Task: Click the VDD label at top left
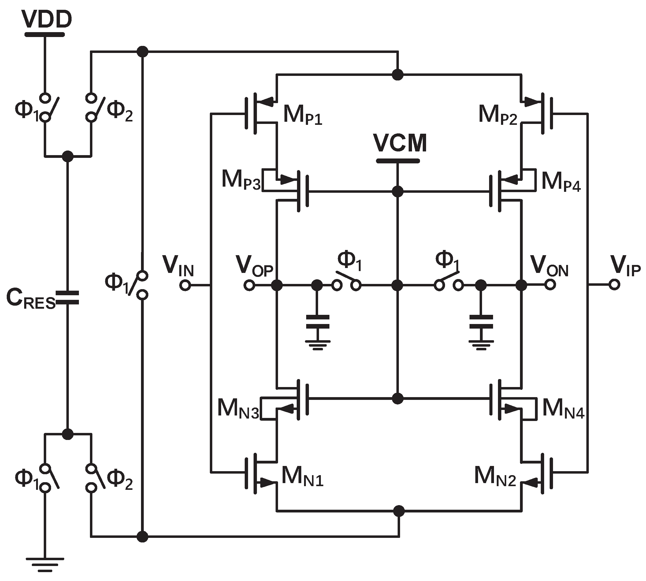click(47, 20)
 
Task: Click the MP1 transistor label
click(302, 115)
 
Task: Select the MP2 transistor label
click(498, 115)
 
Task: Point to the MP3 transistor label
click(241, 181)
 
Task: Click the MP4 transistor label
click(561, 182)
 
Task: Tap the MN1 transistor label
click(302, 477)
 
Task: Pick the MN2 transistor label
click(495, 477)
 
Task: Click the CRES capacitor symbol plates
click(67, 297)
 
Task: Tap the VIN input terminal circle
click(185, 285)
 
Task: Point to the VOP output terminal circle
click(249, 285)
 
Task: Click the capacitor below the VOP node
click(317, 322)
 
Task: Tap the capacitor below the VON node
click(481, 322)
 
